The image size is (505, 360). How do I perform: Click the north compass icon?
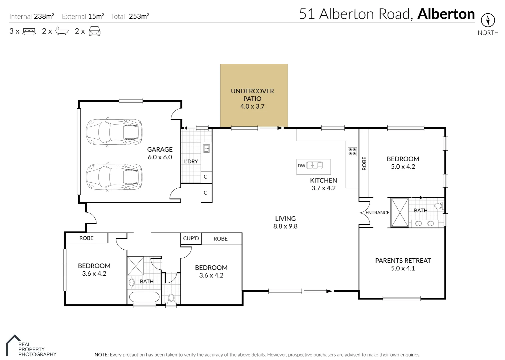tap(488, 20)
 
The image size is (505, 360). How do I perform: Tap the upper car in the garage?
tap(114, 132)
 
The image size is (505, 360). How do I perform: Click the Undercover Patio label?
tap(252, 95)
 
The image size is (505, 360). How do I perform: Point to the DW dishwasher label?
tap(301, 166)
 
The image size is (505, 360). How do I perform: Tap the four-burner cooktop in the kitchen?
tap(352, 152)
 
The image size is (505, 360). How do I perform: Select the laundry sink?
tap(206, 148)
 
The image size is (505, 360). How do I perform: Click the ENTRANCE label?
tap(377, 213)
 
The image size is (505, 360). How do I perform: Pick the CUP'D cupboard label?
tap(191, 238)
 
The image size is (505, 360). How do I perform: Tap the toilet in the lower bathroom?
tap(171, 298)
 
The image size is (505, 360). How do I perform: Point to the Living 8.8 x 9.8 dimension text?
tap(285, 226)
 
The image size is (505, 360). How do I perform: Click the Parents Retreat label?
tap(403, 261)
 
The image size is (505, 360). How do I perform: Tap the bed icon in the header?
tap(29, 32)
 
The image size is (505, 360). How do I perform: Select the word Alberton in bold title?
tap(446, 14)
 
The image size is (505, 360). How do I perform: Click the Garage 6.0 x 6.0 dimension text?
tap(160, 157)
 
